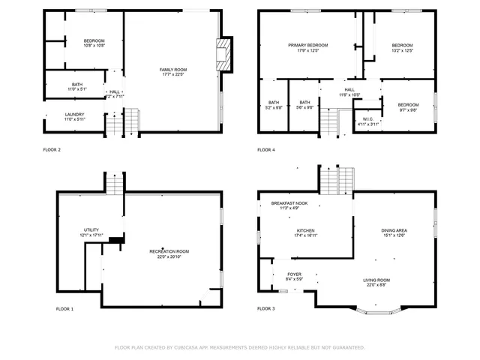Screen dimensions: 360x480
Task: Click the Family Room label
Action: click(x=172, y=71)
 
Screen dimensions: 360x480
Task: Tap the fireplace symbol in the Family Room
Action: click(x=222, y=54)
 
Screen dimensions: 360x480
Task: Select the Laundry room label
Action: click(x=74, y=117)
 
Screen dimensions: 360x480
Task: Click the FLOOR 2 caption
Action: click(x=52, y=149)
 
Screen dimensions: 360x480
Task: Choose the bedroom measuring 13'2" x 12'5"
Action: click(x=403, y=48)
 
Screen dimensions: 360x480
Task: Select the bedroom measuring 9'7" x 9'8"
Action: click(x=408, y=106)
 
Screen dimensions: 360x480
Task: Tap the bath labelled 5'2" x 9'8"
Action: click(x=273, y=104)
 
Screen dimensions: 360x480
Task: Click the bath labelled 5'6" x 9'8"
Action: click(x=304, y=104)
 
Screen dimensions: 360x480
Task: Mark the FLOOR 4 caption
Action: click(x=266, y=149)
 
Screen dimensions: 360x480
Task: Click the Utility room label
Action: click(x=91, y=232)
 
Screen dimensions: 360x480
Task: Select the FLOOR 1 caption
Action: click(x=65, y=308)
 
